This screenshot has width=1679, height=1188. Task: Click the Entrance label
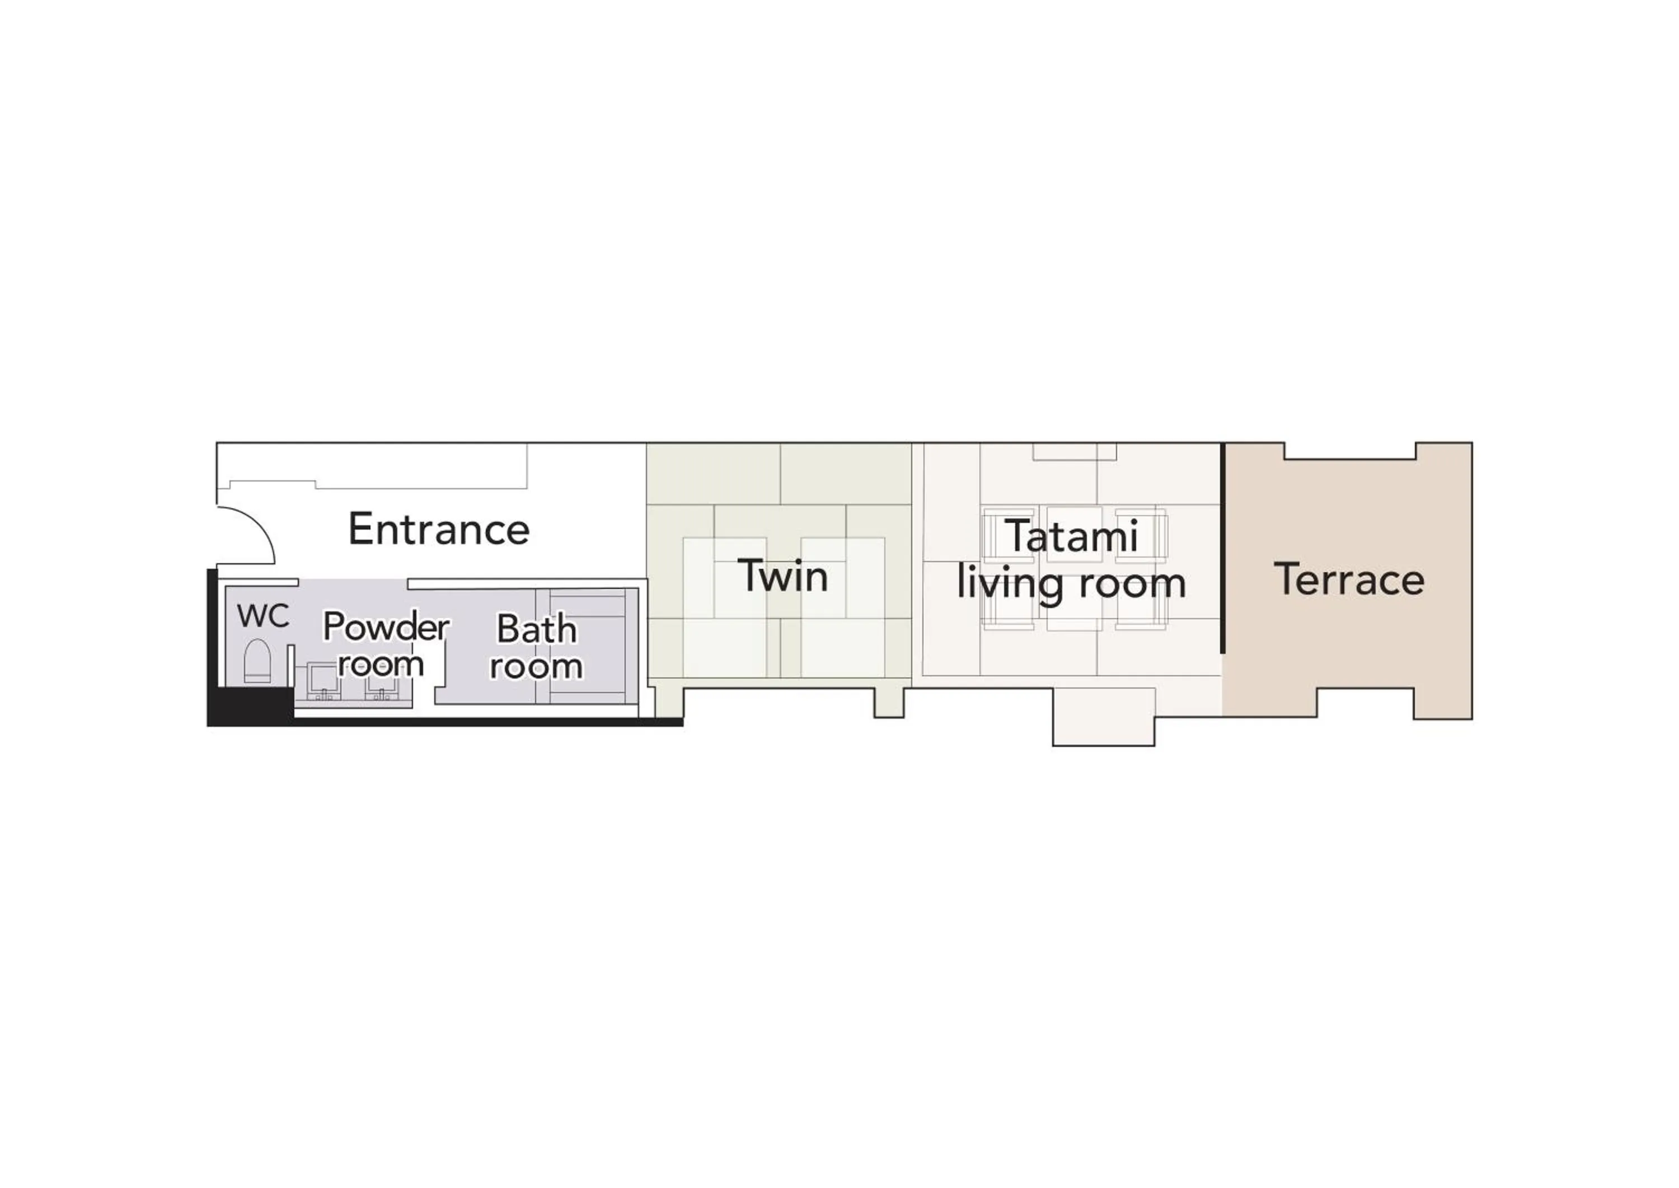[x=439, y=529]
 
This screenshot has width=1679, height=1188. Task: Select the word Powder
[x=386, y=627]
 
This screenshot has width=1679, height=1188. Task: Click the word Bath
[x=537, y=629]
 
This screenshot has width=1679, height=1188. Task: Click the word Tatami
[x=1073, y=536]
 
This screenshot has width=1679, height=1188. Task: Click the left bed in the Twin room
[x=724, y=607]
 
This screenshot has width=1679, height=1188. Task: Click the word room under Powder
[x=381, y=664]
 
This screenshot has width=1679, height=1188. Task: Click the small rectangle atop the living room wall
[x=1074, y=451]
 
